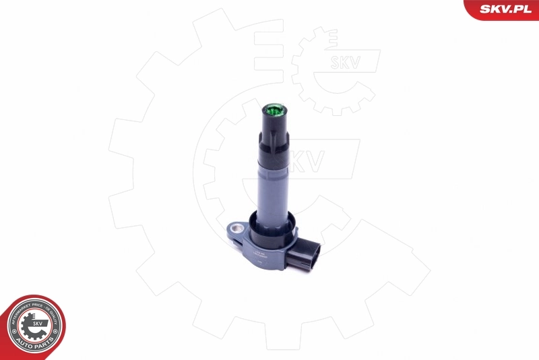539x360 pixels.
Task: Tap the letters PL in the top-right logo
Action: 527,9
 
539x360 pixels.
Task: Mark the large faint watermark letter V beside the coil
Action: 315,160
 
